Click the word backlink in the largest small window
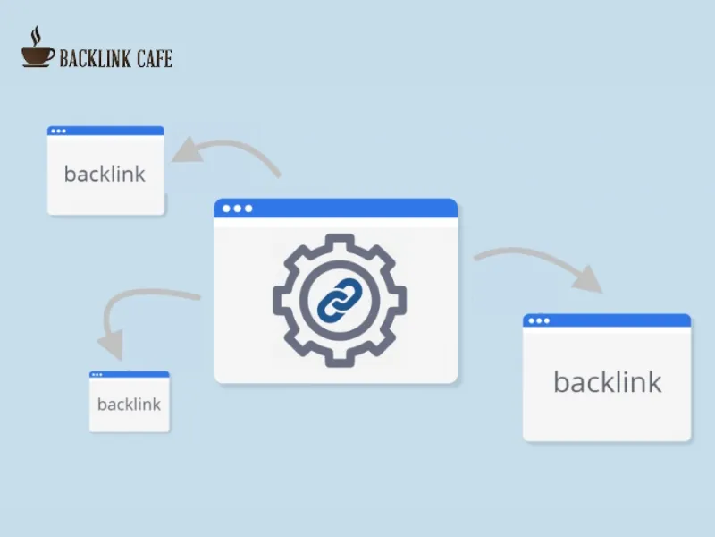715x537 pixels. [607, 382]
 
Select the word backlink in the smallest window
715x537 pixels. [129, 405]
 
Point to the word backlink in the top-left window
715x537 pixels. [105, 174]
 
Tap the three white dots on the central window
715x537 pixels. [237, 209]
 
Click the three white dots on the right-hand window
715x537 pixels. [538, 320]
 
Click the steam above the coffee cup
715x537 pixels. [36, 36]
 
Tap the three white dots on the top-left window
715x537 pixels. [58, 131]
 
